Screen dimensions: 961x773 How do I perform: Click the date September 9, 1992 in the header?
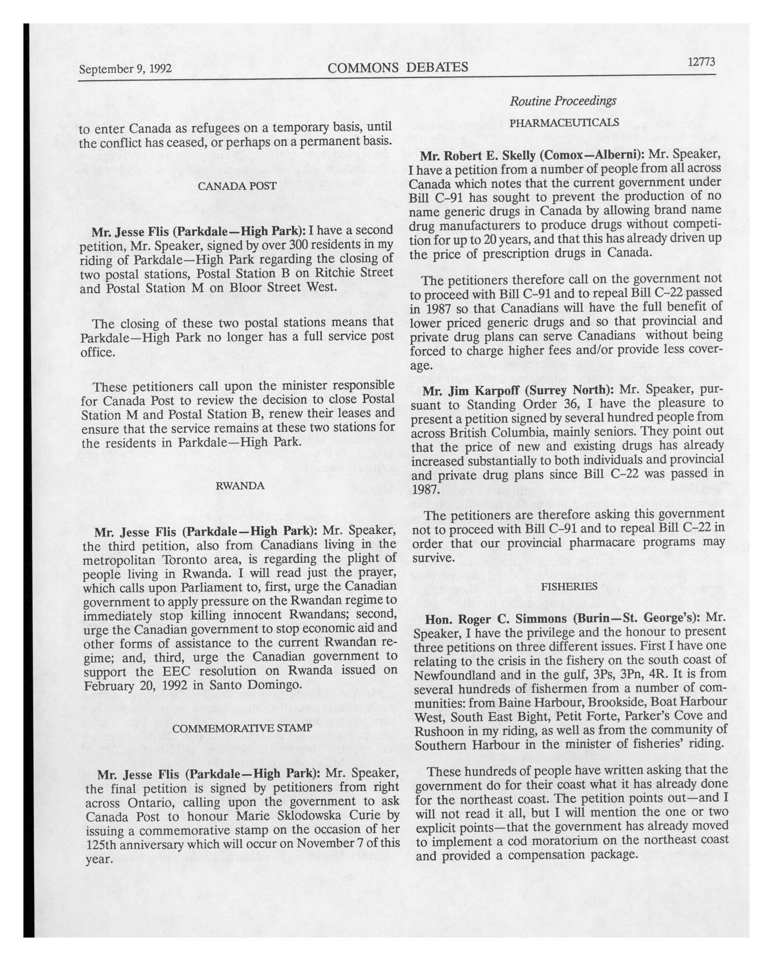tap(125, 69)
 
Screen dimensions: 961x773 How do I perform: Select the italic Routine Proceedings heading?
tap(563, 101)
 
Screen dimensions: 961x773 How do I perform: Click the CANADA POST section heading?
tap(237, 186)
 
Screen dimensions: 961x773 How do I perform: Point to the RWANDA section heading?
tap(240, 485)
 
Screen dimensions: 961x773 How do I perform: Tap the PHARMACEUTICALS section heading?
tap(564, 122)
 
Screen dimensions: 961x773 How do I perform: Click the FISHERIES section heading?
tap(569, 587)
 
